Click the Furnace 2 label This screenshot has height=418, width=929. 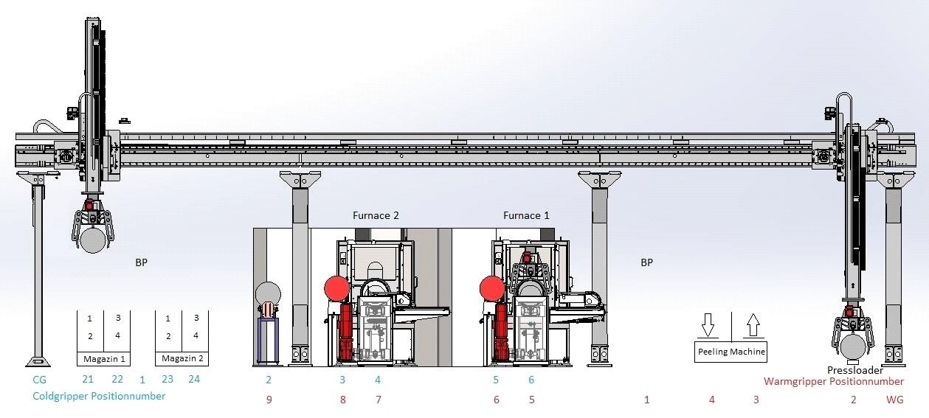coord(376,215)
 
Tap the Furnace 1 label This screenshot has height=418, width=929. coord(526,215)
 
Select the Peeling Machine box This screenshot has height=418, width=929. coord(731,352)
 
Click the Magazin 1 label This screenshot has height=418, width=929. coord(104,359)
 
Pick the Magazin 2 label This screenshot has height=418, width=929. coord(182,358)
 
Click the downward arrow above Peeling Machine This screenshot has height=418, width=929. coord(708,325)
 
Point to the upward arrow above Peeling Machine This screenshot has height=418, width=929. coord(753,325)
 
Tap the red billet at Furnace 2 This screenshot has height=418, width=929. coord(336,288)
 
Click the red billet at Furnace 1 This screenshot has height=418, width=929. coord(492,288)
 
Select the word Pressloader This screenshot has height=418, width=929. coord(855,370)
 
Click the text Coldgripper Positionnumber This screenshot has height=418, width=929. coord(99,396)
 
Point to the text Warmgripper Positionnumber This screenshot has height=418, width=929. coord(834,382)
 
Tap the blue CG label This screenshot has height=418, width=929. coord(39,380)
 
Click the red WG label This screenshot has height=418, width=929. coord(894,400)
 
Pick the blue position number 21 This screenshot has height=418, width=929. coord(88,379)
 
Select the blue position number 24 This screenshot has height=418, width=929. coord(194,379)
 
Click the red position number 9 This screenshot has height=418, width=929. coord(269,400)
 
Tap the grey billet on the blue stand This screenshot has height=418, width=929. coord(268,294)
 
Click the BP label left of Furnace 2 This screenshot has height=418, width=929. coord(142,262)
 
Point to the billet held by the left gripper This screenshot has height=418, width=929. coord(93,240)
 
